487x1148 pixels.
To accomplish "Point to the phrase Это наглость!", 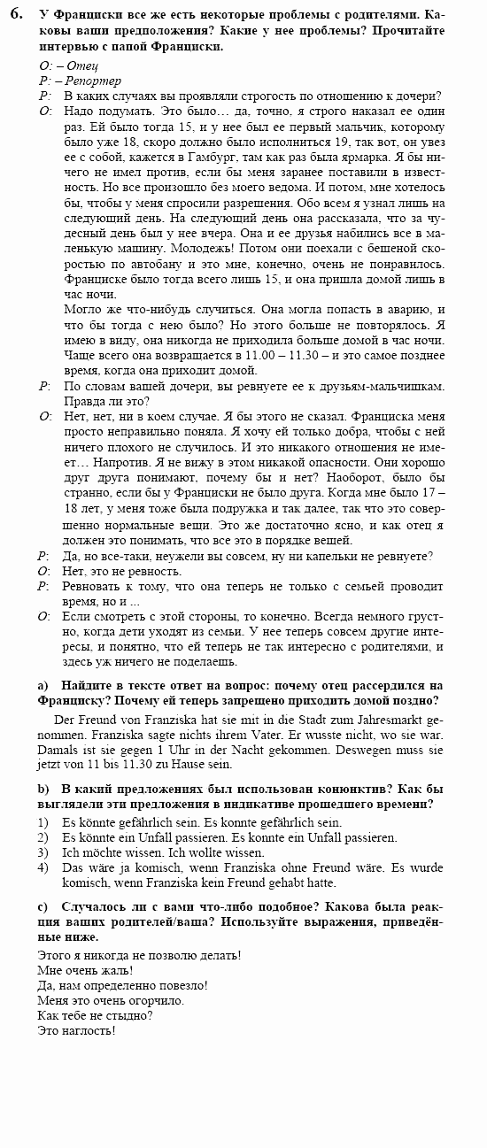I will tap(78, 1031).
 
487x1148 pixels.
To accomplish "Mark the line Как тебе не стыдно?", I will tap(96, 1015).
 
